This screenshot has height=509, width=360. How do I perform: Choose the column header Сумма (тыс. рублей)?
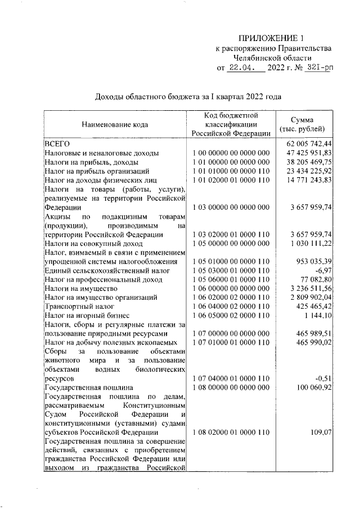coord(307,124)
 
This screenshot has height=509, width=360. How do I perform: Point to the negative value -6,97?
coord(323,270)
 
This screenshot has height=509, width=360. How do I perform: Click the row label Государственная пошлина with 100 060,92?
coord(88,388)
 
